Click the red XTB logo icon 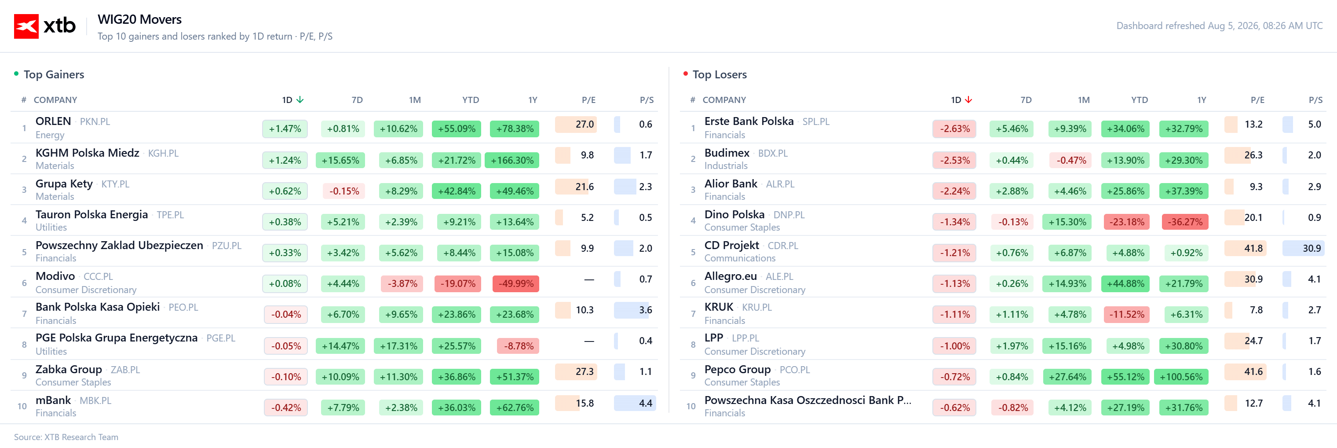tap(26, 26)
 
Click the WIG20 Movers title tap(139, 19)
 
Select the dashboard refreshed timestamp tap(1219, 26)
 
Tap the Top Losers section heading tap(720, 74)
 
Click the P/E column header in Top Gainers tap(588, 99)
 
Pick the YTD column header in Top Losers tap(1139, 99)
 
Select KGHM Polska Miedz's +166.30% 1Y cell tap(512, 160)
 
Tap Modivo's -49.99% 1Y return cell tap(515, 283)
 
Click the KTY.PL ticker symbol tap(115, 184)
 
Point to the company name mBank tap(53, 400)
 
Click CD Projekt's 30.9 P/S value tap(1311, 248)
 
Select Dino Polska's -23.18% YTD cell tap(1126, 222)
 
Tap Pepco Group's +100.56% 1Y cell tap(1181, 376)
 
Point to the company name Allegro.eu tap(730, 276)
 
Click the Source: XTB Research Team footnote tap(66, 437)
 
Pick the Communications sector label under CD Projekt tap(740, 258)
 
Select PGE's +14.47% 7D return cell tap(340, 346)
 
